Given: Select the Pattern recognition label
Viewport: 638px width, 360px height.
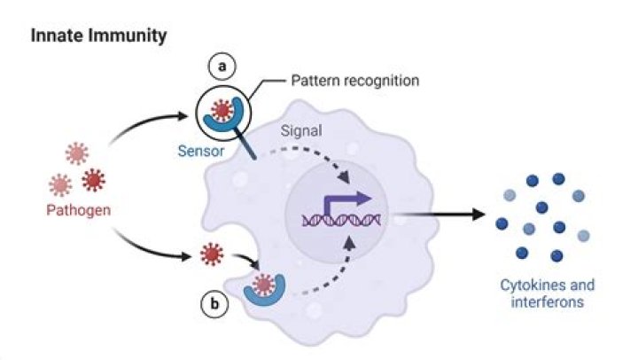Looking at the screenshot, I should tap(355, 81).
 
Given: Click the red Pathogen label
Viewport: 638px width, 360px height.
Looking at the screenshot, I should tap(78, 210).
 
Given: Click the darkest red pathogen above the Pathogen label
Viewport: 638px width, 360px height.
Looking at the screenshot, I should tap(92, 180).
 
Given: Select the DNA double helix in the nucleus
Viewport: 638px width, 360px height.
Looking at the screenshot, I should tap(342, 218).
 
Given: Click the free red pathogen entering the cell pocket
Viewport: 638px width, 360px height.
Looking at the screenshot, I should tap(210, 256).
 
